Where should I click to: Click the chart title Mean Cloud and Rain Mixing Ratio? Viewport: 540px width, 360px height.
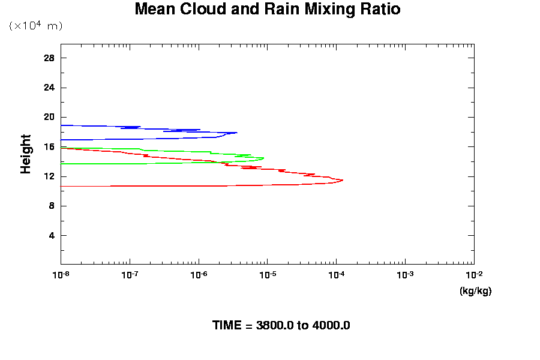pyautogui.click(x=267, y=10)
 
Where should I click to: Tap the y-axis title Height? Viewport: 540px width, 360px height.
pyautogui.click(x=26, y=154)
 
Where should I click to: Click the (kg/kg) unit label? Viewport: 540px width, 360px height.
pyautogui.click(x=475, y=291)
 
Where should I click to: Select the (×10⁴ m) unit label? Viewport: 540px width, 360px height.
pyautogui.click(x=36, y=26)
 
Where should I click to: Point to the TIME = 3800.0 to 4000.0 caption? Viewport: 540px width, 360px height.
pyautogui.click(x=281, y=325)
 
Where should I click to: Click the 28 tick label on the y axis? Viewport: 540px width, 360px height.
pyautogui.click(x=49, y=58)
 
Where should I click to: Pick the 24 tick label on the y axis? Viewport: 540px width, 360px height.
pyautogui.click(x=49, y=88)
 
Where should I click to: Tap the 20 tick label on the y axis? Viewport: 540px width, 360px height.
pyautogui.click(x=49, y=117)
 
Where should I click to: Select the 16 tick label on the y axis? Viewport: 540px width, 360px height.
pyautogui.click(x=49, y=147)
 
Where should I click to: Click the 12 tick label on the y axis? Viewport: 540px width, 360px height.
pyautogui.click(x=49, y=176)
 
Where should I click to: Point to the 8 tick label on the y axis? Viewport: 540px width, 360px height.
pyautogui.click(x=52, y=206)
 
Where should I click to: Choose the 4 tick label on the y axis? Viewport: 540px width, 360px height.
pyautogui.click(x=52, y=235)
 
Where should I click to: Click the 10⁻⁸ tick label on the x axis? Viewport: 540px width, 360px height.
pyautogui.click(x=61, y=274)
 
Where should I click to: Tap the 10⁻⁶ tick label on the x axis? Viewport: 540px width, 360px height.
pyautogui.click(x=199, y=274)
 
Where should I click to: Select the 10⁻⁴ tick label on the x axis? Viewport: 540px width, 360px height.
pyautogui.click(x=336, y=274)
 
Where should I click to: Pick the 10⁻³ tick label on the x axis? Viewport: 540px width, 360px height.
pyautogui.click(x=405, y=274)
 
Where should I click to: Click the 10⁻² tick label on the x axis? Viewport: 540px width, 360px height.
pyautogui.click(x=474, y=274)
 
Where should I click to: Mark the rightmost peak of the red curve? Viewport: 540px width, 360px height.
pyautogui.click(x=343, y=180)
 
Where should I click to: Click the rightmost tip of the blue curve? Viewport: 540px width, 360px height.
pyautogui.click(x=237, y=133)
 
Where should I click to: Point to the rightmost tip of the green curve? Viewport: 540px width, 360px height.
pyautogui.click(x=263, y=158)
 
